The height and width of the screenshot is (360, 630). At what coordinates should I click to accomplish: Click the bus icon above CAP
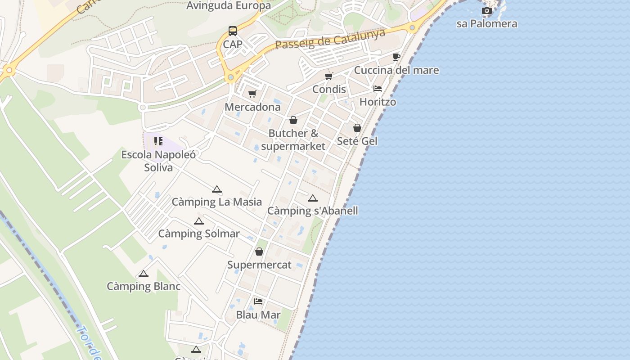233,31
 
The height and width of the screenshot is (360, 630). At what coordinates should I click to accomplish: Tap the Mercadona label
252,107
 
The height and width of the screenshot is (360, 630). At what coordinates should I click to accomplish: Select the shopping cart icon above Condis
329,76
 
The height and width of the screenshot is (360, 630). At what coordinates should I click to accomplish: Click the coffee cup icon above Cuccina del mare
396,57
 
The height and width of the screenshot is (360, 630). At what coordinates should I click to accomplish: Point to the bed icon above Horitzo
378,89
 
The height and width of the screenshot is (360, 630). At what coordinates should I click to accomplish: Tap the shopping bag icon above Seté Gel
357,128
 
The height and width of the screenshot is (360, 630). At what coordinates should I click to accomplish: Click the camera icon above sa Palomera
486,10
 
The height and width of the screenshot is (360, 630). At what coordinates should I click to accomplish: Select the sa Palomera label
487,23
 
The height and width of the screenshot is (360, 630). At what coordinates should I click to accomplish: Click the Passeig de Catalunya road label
330,40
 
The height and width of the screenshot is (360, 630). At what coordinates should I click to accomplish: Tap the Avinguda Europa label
229,5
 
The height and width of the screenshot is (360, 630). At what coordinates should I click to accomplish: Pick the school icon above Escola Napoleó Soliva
158,141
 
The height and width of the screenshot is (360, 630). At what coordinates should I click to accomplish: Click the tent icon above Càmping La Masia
217,189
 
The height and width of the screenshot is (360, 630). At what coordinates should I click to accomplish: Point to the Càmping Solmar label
199,234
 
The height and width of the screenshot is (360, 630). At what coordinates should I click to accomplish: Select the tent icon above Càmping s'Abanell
313,198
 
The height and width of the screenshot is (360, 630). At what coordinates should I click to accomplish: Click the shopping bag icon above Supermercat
259,252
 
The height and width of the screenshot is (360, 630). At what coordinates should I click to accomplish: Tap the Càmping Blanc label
144,286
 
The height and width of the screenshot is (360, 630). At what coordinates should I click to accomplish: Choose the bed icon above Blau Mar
258,301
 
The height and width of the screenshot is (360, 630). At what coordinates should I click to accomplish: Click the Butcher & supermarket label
293,139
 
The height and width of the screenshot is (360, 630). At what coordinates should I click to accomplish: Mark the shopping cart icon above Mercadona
252,94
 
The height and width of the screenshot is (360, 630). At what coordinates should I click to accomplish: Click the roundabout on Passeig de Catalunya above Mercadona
231,78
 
